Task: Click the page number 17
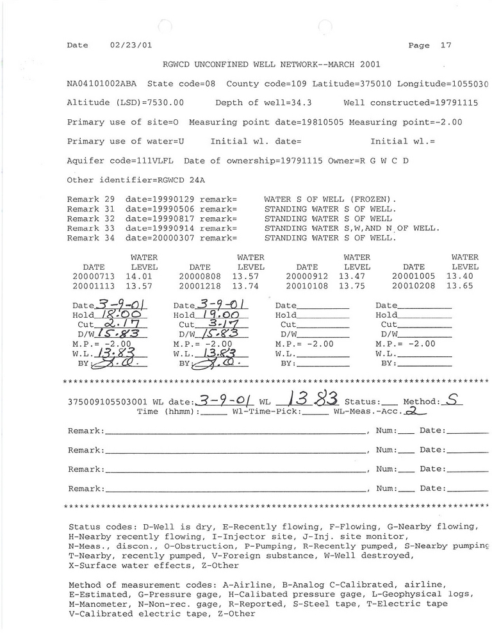(446, 45)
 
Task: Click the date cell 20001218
(200, 285)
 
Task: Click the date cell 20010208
(414, 285)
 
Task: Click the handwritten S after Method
(452, 401)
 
